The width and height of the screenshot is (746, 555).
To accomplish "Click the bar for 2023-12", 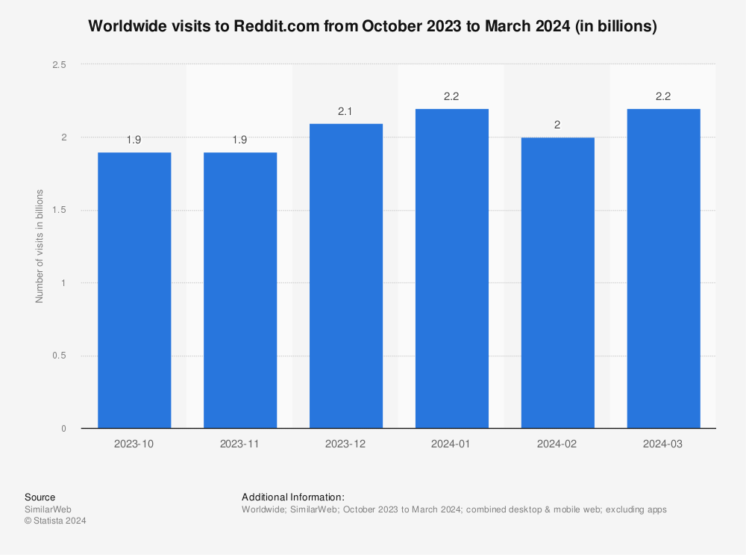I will point(346,276).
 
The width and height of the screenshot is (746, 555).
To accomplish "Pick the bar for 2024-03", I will point(664,268).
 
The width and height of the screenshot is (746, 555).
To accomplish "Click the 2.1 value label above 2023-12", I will point(345,111).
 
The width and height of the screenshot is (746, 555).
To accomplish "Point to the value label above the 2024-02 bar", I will point(557,125).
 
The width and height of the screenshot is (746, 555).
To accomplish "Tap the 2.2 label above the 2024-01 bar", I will point(451,96).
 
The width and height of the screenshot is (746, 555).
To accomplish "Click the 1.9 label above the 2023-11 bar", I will point(240,140).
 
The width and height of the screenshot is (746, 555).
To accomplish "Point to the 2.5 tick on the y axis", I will point(59,65).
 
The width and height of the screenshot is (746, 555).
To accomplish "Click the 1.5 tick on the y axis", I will point(59,211).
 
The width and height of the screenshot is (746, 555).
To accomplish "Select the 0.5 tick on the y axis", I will point(59,356).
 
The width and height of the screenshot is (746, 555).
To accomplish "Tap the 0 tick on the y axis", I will point(63,429).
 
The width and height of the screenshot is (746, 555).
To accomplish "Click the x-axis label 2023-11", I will point(240,444).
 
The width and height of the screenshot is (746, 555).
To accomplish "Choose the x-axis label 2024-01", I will point(452,444).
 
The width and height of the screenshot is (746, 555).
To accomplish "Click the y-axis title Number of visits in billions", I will point(40,247).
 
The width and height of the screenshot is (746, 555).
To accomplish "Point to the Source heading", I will point(40,497).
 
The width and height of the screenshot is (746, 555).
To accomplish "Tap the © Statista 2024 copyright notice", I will point(56,521).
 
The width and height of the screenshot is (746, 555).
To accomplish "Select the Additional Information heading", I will point(293,497).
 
